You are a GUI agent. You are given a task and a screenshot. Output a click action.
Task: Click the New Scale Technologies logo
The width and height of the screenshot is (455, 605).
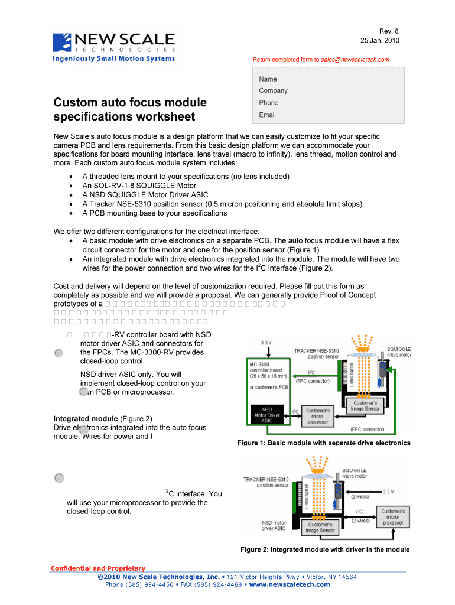click(114, 47)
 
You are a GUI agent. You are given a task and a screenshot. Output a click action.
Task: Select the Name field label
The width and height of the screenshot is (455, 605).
click(268, 79)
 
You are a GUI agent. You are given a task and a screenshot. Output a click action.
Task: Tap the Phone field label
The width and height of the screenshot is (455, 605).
click(268, 103)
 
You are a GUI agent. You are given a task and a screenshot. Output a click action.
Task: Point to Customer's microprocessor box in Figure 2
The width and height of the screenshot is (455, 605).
click(392, 517)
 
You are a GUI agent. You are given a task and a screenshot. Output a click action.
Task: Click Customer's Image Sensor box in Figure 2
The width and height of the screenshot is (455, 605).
click(319, 528)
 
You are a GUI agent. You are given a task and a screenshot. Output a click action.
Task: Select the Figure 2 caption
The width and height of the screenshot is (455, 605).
click(324, 549)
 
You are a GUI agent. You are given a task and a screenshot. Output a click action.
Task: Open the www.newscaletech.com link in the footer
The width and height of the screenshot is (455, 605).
click(290, 584)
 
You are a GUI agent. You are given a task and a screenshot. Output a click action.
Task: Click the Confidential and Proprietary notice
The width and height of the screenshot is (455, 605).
click(97, 568)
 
